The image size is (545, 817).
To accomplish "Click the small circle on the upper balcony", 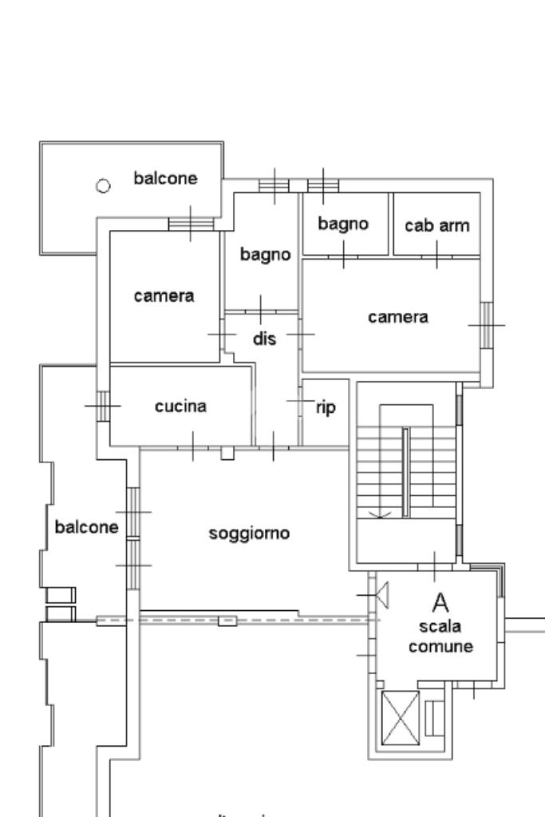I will tap(102, 186).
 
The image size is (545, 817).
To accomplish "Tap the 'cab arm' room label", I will tap(437, 225).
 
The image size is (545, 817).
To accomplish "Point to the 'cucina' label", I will tap(180, 406).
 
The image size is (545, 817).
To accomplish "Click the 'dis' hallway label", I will tap(264, 339).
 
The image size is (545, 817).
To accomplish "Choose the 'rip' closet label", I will tap(326, 408).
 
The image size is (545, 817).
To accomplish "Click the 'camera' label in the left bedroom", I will tap(164, 295).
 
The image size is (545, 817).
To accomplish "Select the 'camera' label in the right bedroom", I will tap(397, 316).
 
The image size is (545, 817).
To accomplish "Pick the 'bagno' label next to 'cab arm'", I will tap(343, 224).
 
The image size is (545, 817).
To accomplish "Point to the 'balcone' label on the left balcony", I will tap(86, 527).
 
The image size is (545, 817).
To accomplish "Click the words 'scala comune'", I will tap(440, 637).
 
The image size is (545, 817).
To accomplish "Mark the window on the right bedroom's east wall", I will tap(486, 325).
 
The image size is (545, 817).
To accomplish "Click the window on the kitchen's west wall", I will tap(103, 405).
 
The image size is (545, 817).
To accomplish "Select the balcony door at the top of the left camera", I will tap(191, 224).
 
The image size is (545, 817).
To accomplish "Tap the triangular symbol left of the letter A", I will tap(382, 594).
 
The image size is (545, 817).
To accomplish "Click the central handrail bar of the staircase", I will tap(405, 471).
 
